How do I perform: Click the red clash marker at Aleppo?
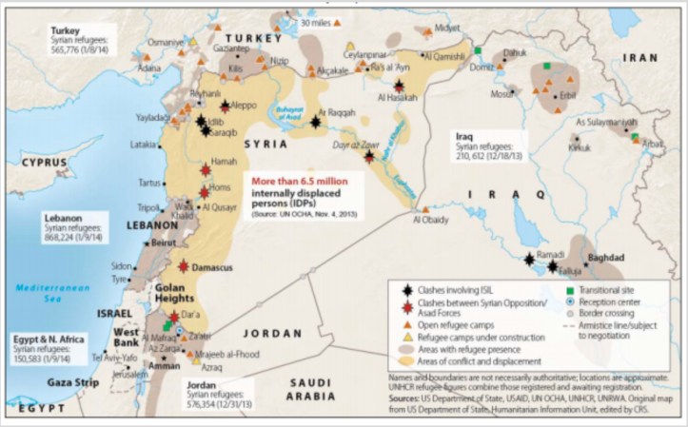point(226,107)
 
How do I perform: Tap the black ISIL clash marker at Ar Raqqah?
point(315,121)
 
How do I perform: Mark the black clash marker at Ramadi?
point(529,259)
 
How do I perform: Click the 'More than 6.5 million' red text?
point(299,180)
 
